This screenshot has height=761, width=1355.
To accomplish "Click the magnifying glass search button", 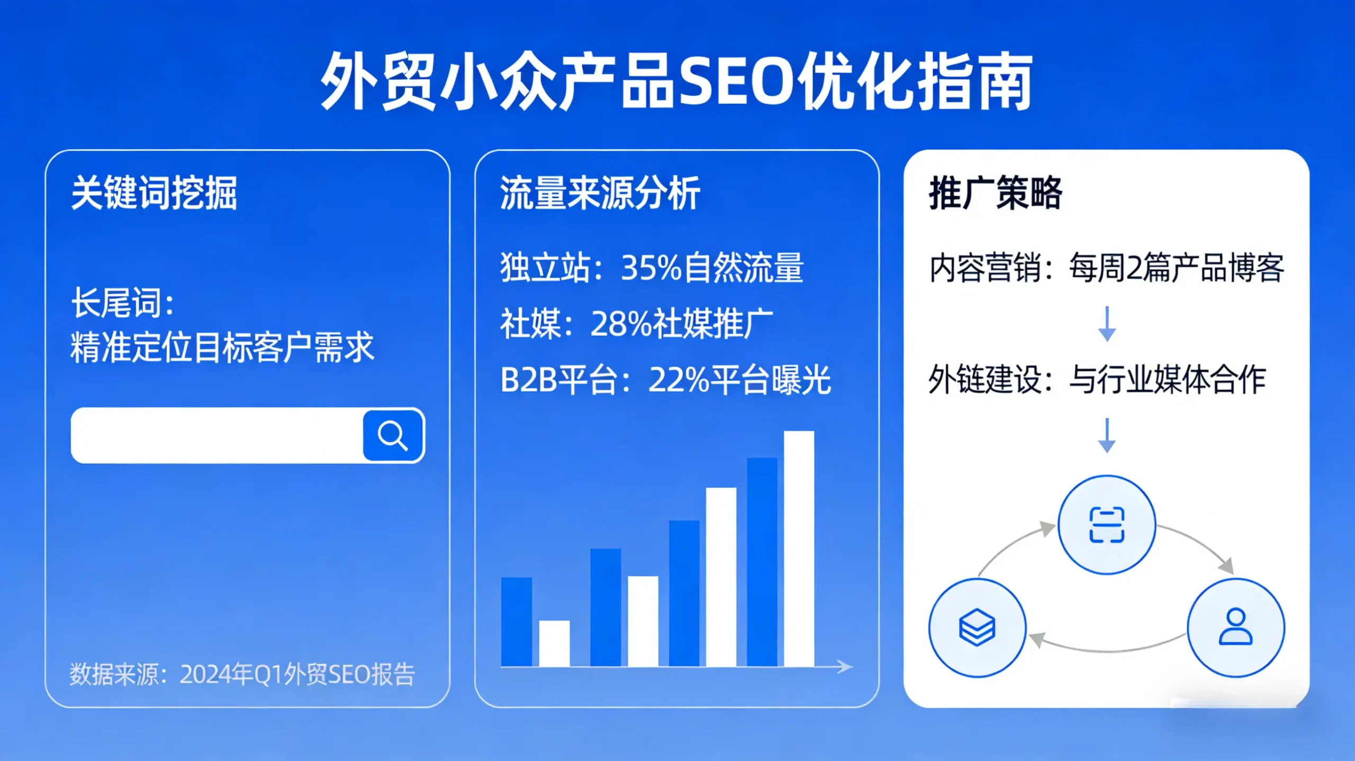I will (393, 435).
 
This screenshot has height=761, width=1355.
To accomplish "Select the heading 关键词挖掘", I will (154, 193).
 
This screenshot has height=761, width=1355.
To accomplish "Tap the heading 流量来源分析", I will (600, 193).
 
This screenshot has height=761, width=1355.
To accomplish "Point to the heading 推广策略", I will (995, 193).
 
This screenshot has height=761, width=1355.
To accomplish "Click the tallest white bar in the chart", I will (799, 548).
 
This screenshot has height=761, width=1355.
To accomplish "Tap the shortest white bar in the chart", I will (554, 643).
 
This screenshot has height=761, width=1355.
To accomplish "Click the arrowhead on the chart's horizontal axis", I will (846, 667).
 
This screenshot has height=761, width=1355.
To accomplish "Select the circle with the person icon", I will (1235, 627).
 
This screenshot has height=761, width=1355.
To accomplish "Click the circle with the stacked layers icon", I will (977, 627).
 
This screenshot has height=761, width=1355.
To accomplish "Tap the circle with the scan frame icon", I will (1106, 524).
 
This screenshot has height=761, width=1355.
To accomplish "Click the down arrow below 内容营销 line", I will (1107, 324).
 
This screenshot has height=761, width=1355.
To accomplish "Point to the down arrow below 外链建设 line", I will (1107, 435).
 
